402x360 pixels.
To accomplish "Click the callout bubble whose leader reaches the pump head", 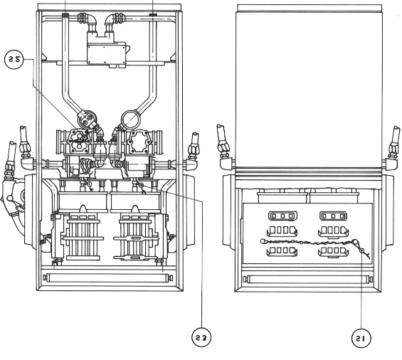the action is [x=14, y=60].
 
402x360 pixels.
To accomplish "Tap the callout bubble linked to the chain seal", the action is [x=361, y=338].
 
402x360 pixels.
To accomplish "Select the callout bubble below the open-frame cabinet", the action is [x=201, y=337].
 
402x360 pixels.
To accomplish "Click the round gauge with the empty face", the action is [x=131, y=119].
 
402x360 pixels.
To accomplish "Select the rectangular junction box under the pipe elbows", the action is [x=107, y=54].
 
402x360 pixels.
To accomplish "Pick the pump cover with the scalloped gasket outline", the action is [x=139, y=142].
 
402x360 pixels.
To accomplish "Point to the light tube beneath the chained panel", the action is [x=310, y=279].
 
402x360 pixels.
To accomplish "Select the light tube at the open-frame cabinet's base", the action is [x=107, y=277].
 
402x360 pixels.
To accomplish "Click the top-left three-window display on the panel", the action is [x=282, y=216].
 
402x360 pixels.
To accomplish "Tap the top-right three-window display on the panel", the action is [x=333, y=216].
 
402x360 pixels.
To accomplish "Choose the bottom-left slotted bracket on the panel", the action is [x=282, y=251].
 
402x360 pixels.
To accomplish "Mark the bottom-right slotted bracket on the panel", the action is [x=333, y=252].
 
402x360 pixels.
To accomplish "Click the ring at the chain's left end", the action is [x=262, y=241].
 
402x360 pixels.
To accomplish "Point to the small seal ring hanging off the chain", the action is [x=361, y=250].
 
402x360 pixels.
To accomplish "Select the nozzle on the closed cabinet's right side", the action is [x=391, y=152].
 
